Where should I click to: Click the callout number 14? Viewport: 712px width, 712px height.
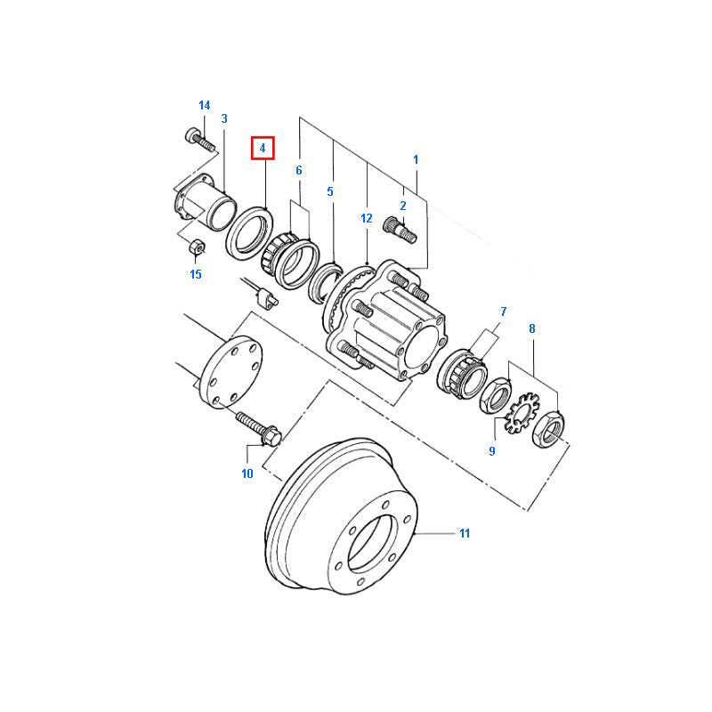tap(204, 106)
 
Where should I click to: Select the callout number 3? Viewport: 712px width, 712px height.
tap(224, 118)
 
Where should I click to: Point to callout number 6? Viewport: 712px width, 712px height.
tap(299, 170)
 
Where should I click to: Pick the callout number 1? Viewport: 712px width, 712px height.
tap(415, 158)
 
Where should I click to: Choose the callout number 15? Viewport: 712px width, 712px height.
tap(196, 274)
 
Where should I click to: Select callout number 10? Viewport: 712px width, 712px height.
tap(247, 473)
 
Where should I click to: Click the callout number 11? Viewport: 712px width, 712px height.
tap(464, 534)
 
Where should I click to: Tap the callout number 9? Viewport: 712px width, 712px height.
tap(491, 451)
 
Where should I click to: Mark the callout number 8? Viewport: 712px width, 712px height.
tap(532, 329)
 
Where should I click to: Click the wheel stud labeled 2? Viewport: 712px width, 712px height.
tap(401, 231)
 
